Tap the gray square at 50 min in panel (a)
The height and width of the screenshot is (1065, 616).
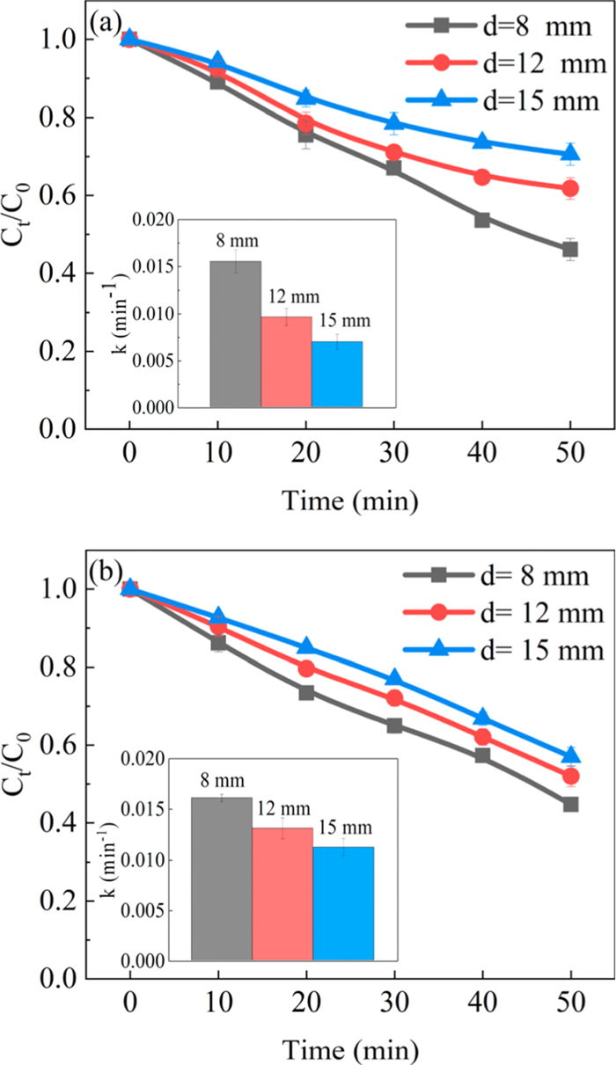click(570, 250)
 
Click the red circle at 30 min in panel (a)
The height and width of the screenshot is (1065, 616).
click(393, 152)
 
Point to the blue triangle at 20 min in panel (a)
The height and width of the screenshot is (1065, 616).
click(305, 97)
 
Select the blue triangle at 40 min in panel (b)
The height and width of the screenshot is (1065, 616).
click(482, 718)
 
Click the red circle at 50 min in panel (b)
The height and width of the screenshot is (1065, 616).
click(570, 776)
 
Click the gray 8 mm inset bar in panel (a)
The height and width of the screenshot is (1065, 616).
click(235, 334)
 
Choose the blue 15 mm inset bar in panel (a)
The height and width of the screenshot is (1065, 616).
click(336, 374)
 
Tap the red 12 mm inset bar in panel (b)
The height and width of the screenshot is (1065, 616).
click(282, 894)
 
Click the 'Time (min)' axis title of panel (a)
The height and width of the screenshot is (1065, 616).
click(349, 500)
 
